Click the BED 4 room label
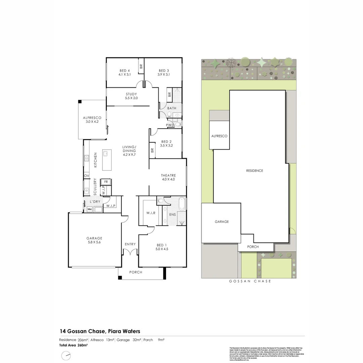(x=124, y=71)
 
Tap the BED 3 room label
(x=164, y=71)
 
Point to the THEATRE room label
(x=168, y=175)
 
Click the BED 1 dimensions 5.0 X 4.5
(x=162, y=249)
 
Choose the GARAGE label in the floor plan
(x=94, y=238)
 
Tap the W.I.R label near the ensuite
(x=151, y=213)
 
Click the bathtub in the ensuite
(x=182, y=204)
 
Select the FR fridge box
(x=106, y=182)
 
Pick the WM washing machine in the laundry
(x=90, y=209)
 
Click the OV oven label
(x=86, y=176)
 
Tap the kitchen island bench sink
(x=106, y=154)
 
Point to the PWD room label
(x=170, y=125)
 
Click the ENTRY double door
(x=130, y=252)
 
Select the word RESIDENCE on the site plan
(x=254, y=171)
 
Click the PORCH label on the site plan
(x=253, y=247)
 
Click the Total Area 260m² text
(x=73, y=345)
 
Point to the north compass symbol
(x=66, y=355)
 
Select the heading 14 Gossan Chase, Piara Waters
(x=100, y=331)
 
